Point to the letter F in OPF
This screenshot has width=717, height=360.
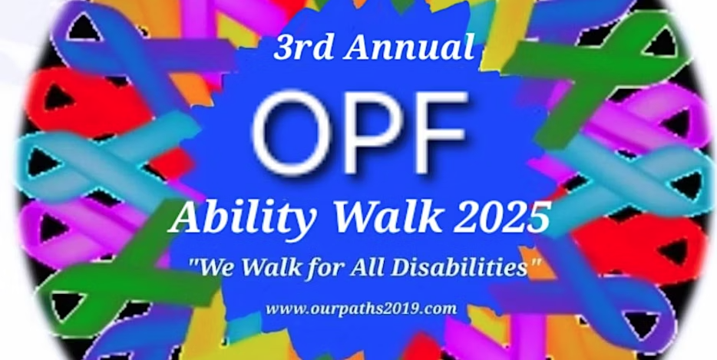click(441, 133)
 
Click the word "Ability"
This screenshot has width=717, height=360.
click(243, 216)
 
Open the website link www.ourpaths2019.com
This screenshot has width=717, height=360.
click(362, 309)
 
